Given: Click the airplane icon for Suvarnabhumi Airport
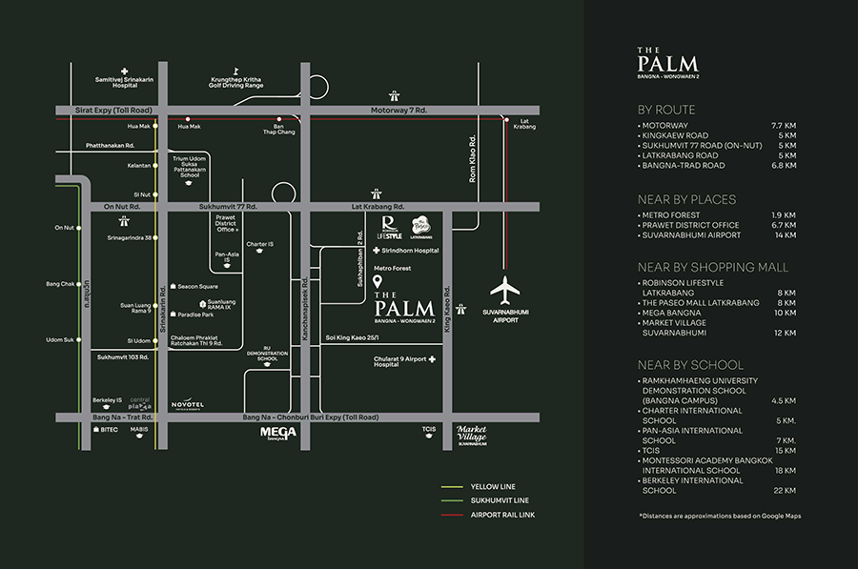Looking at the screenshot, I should [505, 290].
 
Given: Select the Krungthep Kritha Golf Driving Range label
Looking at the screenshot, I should [236, 82].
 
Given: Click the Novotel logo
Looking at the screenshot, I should [188, 405].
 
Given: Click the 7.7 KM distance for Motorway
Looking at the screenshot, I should [782, 125].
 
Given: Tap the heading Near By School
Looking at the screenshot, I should [690, 364].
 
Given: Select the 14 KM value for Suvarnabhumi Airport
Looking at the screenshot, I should [785, 234].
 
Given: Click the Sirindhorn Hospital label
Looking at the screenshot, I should [412, 251].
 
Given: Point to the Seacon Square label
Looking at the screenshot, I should [197, 287].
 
